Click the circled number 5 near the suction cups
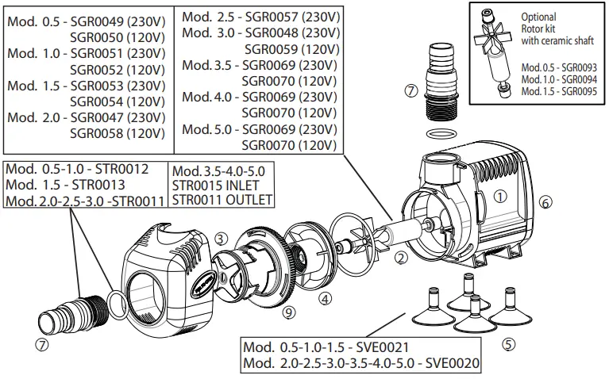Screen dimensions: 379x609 coord(509,344)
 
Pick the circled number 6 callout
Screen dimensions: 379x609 coord(545,202)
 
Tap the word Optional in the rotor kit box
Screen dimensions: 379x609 coord(538,16)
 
